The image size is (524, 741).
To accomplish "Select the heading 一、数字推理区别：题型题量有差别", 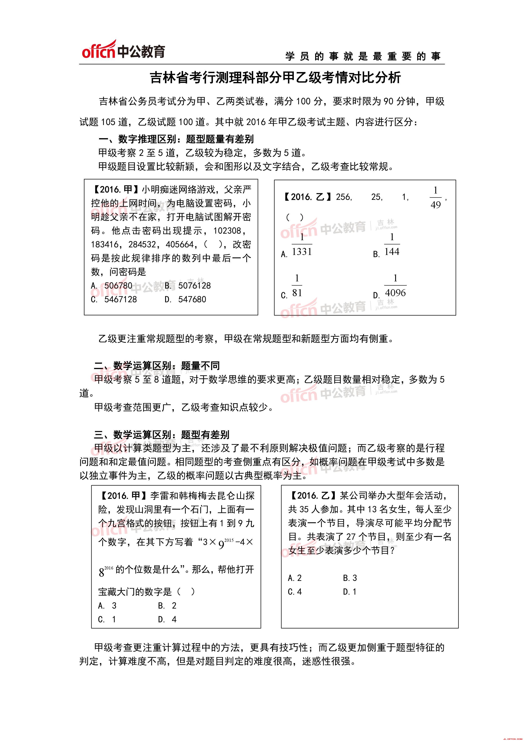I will pos(176,139).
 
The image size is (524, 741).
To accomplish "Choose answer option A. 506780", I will pos(112,286).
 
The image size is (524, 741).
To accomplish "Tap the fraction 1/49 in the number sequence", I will pos(435,198).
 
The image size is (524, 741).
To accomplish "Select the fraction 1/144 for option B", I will pos(392,245).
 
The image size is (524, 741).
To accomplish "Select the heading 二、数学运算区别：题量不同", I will pos(157,366).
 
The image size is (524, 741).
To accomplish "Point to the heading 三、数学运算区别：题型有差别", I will pos(162,435).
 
